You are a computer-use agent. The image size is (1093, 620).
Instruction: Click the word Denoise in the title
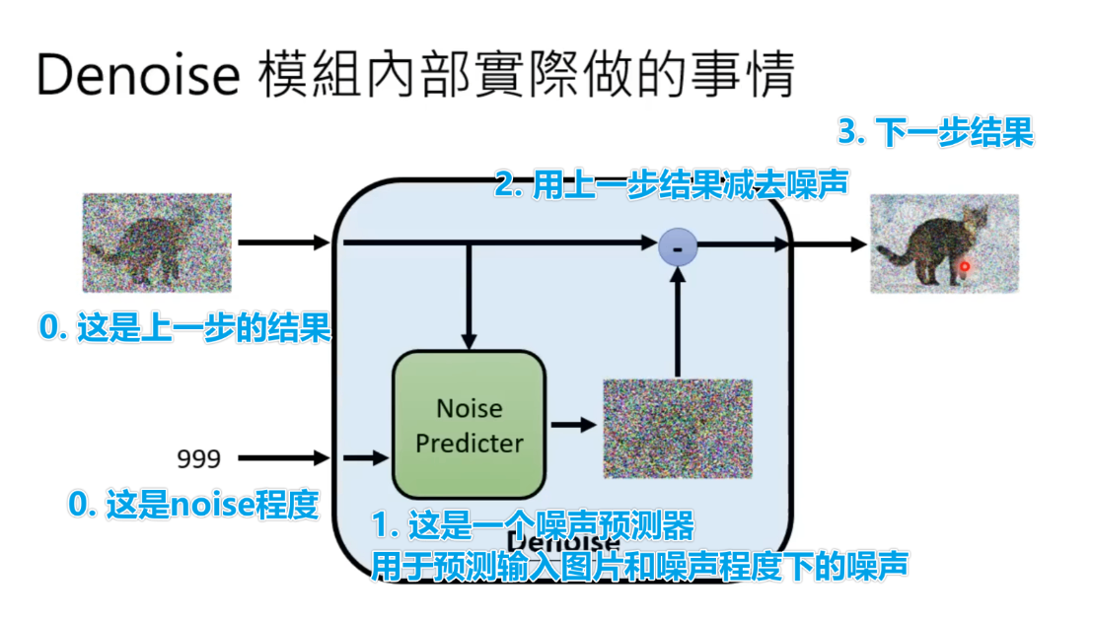(138, 75)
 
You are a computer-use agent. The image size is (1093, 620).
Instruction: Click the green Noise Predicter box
(469, 425)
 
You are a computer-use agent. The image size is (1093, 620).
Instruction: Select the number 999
(198, 458)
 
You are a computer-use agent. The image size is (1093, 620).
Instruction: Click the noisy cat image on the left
(156, 242)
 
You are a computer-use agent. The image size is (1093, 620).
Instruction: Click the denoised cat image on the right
(943, 243)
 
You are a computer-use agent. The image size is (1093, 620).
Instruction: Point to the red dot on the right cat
(966, 266)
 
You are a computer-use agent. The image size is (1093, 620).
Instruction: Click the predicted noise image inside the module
(678, 426)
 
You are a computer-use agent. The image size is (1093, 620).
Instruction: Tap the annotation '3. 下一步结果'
(935, 133)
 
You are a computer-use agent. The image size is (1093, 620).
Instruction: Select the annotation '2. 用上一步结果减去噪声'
(671, 185)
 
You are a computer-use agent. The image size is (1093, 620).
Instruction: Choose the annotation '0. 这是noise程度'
(192, 506)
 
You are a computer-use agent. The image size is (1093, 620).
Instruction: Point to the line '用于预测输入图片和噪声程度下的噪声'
(639, 565)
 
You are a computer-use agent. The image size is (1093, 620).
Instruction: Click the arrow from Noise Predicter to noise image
(573, 425)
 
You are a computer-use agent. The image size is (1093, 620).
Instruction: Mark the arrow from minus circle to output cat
(779, 242)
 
